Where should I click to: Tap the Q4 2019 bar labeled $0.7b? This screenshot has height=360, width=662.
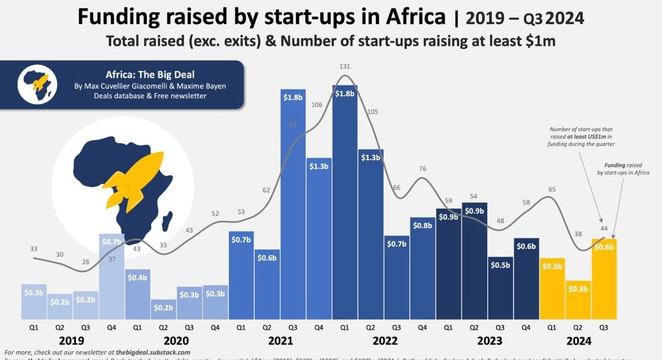tap(111, 276)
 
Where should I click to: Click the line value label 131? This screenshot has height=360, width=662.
tap(344, 67)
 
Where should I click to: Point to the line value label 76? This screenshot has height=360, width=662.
tap(423, 169)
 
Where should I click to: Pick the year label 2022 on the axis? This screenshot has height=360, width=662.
tap(385, 341)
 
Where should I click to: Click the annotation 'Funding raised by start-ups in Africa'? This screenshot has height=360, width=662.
tap(622, 168)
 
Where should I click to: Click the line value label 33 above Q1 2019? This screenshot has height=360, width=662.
tap(34, 249)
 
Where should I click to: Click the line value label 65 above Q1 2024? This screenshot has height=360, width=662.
tap(553, 189)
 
